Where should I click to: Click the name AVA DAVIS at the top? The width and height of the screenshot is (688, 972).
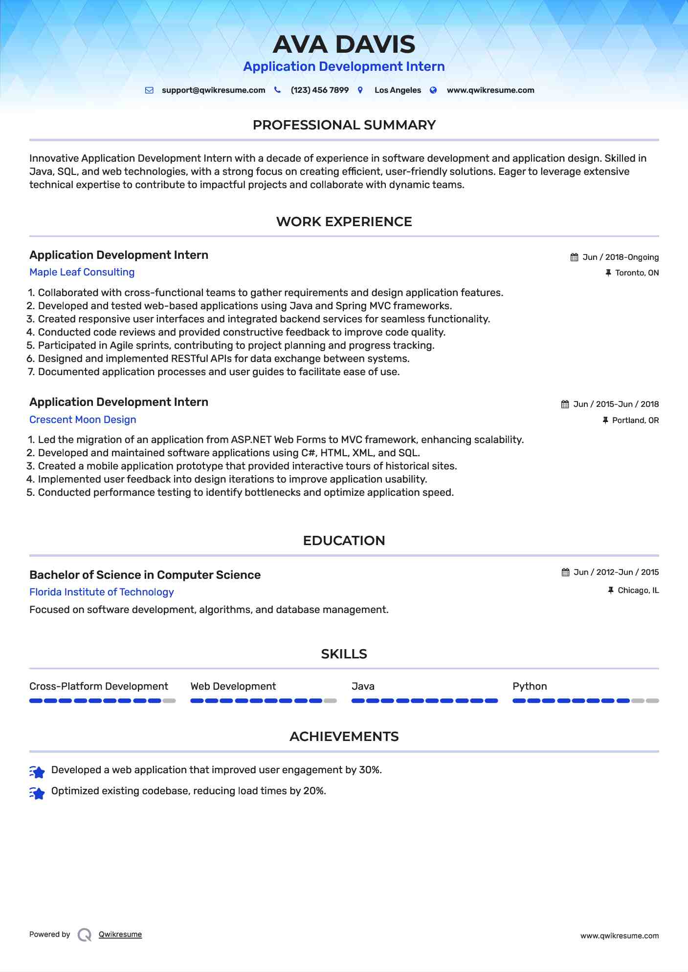pos(344,44)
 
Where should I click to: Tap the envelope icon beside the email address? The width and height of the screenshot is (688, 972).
pos(149,90)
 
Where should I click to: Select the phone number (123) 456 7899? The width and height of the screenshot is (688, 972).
pos(319,90)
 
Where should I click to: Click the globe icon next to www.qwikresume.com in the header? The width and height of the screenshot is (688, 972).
pos(433,90)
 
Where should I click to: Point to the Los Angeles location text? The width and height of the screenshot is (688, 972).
pos(398,90)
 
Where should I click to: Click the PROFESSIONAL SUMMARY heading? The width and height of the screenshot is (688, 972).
pos(344,125)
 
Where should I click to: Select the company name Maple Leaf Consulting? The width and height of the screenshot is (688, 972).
pos(82,272)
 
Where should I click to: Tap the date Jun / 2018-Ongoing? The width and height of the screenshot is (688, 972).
pos(621,257)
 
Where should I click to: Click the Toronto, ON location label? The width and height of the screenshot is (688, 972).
pos(637,273)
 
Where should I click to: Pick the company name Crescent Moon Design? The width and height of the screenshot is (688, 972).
pos(83,420)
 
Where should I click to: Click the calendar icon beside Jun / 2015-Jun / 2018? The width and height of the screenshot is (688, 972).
pos(565,404)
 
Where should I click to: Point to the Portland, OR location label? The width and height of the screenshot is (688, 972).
pos(635,421)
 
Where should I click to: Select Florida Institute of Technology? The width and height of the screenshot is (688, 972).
pos(101,592)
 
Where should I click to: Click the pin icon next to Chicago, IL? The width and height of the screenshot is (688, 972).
pos(610,591)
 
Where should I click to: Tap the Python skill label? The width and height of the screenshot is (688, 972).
pos(530,686)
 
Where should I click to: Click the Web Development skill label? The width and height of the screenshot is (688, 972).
pos(233,686)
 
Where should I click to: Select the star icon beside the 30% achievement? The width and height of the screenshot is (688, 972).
pos(37,771)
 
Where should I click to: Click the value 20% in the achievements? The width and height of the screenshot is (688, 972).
pos(314,791)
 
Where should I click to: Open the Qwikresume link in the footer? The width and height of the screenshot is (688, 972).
pos(120,934)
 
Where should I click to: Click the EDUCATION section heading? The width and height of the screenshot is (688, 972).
pos(344,541)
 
